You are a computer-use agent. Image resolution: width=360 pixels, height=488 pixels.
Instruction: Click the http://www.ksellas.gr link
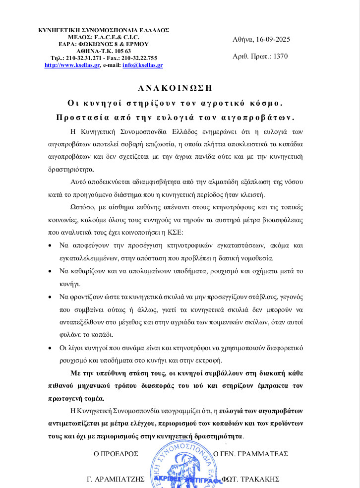tap(72, 65)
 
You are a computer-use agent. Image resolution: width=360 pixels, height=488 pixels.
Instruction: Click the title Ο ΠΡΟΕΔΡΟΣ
tap(116, 453)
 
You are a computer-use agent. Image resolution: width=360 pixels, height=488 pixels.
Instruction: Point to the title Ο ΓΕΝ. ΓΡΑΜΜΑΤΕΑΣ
tap(250, 453)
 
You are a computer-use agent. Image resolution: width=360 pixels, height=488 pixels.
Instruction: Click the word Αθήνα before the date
tap(243, 39)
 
